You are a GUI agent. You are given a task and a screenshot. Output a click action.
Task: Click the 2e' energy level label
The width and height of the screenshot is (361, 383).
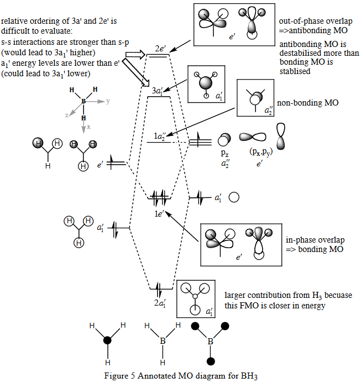click(160, 49)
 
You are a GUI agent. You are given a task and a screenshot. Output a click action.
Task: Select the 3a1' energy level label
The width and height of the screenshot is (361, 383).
click(158, 90)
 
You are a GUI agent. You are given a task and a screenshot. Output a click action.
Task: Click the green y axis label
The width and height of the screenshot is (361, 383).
click(108, 102)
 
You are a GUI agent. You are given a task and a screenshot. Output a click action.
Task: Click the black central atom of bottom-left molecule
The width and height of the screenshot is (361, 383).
click(107, 342)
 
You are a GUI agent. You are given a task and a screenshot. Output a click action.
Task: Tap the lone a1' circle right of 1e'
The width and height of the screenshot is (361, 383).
click(233, 197)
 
